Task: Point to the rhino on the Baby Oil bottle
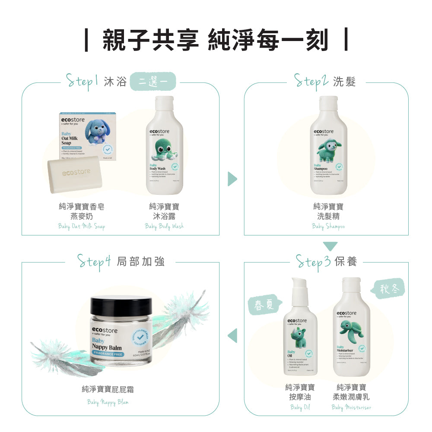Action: tap(301, 338)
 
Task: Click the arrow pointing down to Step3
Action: tap(330, 246)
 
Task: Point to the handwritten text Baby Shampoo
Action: tap(328, 226)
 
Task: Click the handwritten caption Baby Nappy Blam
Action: tap(108, 402)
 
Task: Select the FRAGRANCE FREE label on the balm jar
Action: tap(108, 354)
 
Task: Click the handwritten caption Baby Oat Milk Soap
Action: tap(81, 226)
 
